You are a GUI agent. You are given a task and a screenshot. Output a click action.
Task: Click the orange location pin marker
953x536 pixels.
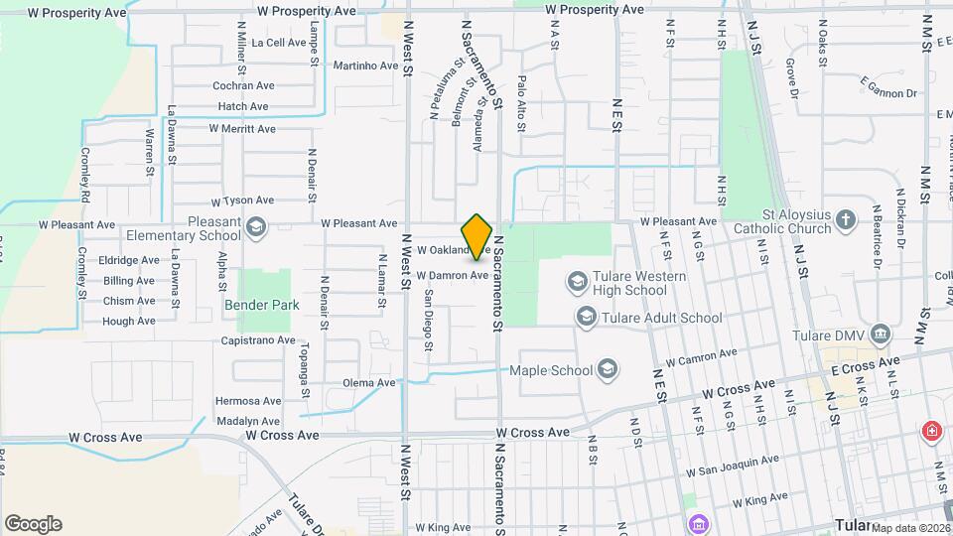(477, 236)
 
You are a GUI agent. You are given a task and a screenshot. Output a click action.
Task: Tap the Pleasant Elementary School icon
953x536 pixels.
(258, 227)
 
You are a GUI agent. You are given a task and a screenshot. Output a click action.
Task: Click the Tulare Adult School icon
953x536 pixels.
(586, 318)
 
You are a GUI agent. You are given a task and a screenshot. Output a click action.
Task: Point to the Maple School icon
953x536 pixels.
(608, 371)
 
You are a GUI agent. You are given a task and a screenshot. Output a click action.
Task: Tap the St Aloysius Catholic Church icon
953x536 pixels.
(845, 219)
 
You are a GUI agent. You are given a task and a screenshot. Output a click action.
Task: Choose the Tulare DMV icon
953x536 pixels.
(880, 335)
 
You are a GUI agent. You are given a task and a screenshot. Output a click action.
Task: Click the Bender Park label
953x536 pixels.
(261, 306)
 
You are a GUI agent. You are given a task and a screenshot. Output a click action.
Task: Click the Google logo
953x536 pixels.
(33, 524)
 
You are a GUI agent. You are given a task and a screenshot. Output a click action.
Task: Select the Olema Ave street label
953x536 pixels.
(368, 382)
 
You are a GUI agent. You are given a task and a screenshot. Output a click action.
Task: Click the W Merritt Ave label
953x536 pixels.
(241, 129)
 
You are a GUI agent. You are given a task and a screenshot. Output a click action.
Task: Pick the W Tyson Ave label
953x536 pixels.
(242, 201)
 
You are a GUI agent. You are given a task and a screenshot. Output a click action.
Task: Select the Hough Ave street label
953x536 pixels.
(128, 322)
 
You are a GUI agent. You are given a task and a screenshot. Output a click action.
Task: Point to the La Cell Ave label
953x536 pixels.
(279, 43)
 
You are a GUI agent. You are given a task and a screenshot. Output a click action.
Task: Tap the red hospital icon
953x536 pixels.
(931, 431)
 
